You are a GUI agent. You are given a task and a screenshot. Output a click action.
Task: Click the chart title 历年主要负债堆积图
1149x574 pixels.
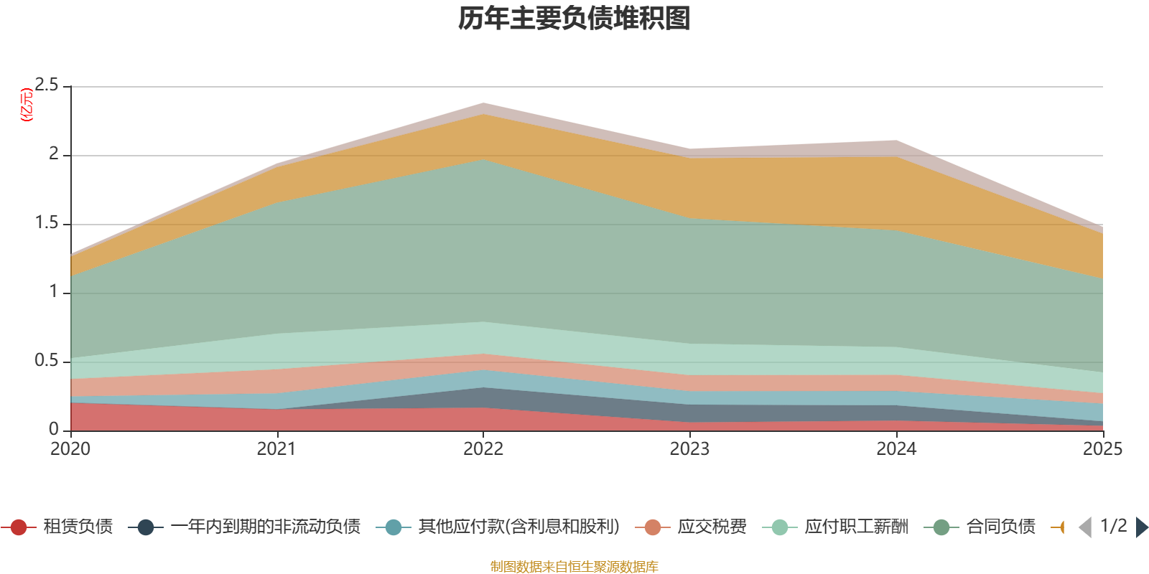click(x=574, y=19)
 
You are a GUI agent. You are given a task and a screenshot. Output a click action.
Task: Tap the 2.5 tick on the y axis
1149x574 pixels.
click(x=47, y=85)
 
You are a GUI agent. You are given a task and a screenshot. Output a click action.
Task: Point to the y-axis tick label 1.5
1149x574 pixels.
click(x=47, y=223)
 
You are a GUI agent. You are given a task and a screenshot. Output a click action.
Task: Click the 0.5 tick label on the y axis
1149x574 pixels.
click(x=47, y=361)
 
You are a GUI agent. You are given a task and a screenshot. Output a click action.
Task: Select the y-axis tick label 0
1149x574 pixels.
click(x=54, y=429)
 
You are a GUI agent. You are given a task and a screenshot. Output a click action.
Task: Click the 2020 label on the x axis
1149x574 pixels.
click(x=70, y=449)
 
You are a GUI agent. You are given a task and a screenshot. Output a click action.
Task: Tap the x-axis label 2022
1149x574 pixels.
click(x=483, y=449)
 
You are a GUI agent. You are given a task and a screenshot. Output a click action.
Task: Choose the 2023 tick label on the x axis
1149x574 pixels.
click(x=689, y=449)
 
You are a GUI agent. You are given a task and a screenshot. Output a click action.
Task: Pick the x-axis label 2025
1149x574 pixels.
click(x=1102, y=449)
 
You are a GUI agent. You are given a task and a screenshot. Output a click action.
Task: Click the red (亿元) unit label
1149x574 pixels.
click(x=27, y=105)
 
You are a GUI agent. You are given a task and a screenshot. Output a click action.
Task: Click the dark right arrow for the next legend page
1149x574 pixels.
click(x=1141, y=527)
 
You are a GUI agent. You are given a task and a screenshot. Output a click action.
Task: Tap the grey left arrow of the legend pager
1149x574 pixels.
click(x=1085, y=527)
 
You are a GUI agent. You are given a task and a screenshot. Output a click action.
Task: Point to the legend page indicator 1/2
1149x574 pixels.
click(x=1113, y=526)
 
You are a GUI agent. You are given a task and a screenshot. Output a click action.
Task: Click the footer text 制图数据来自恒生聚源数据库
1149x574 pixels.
click(x=574, y=567)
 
